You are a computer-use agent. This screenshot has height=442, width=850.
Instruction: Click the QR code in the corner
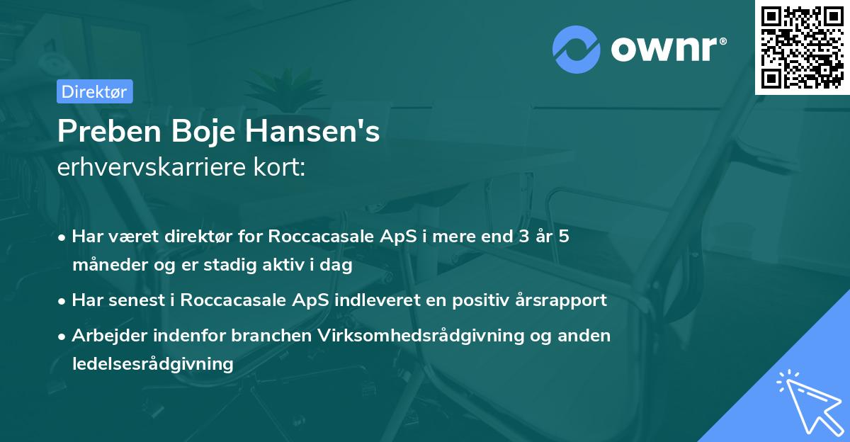pos(801,47)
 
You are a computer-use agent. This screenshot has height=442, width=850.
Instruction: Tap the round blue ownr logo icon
pos(577,49)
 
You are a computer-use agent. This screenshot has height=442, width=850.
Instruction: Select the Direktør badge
pos(94,91)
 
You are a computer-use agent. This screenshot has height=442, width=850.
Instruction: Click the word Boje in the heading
pos(211,132)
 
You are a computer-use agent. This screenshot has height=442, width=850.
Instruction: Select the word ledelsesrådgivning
pos(152,364)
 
